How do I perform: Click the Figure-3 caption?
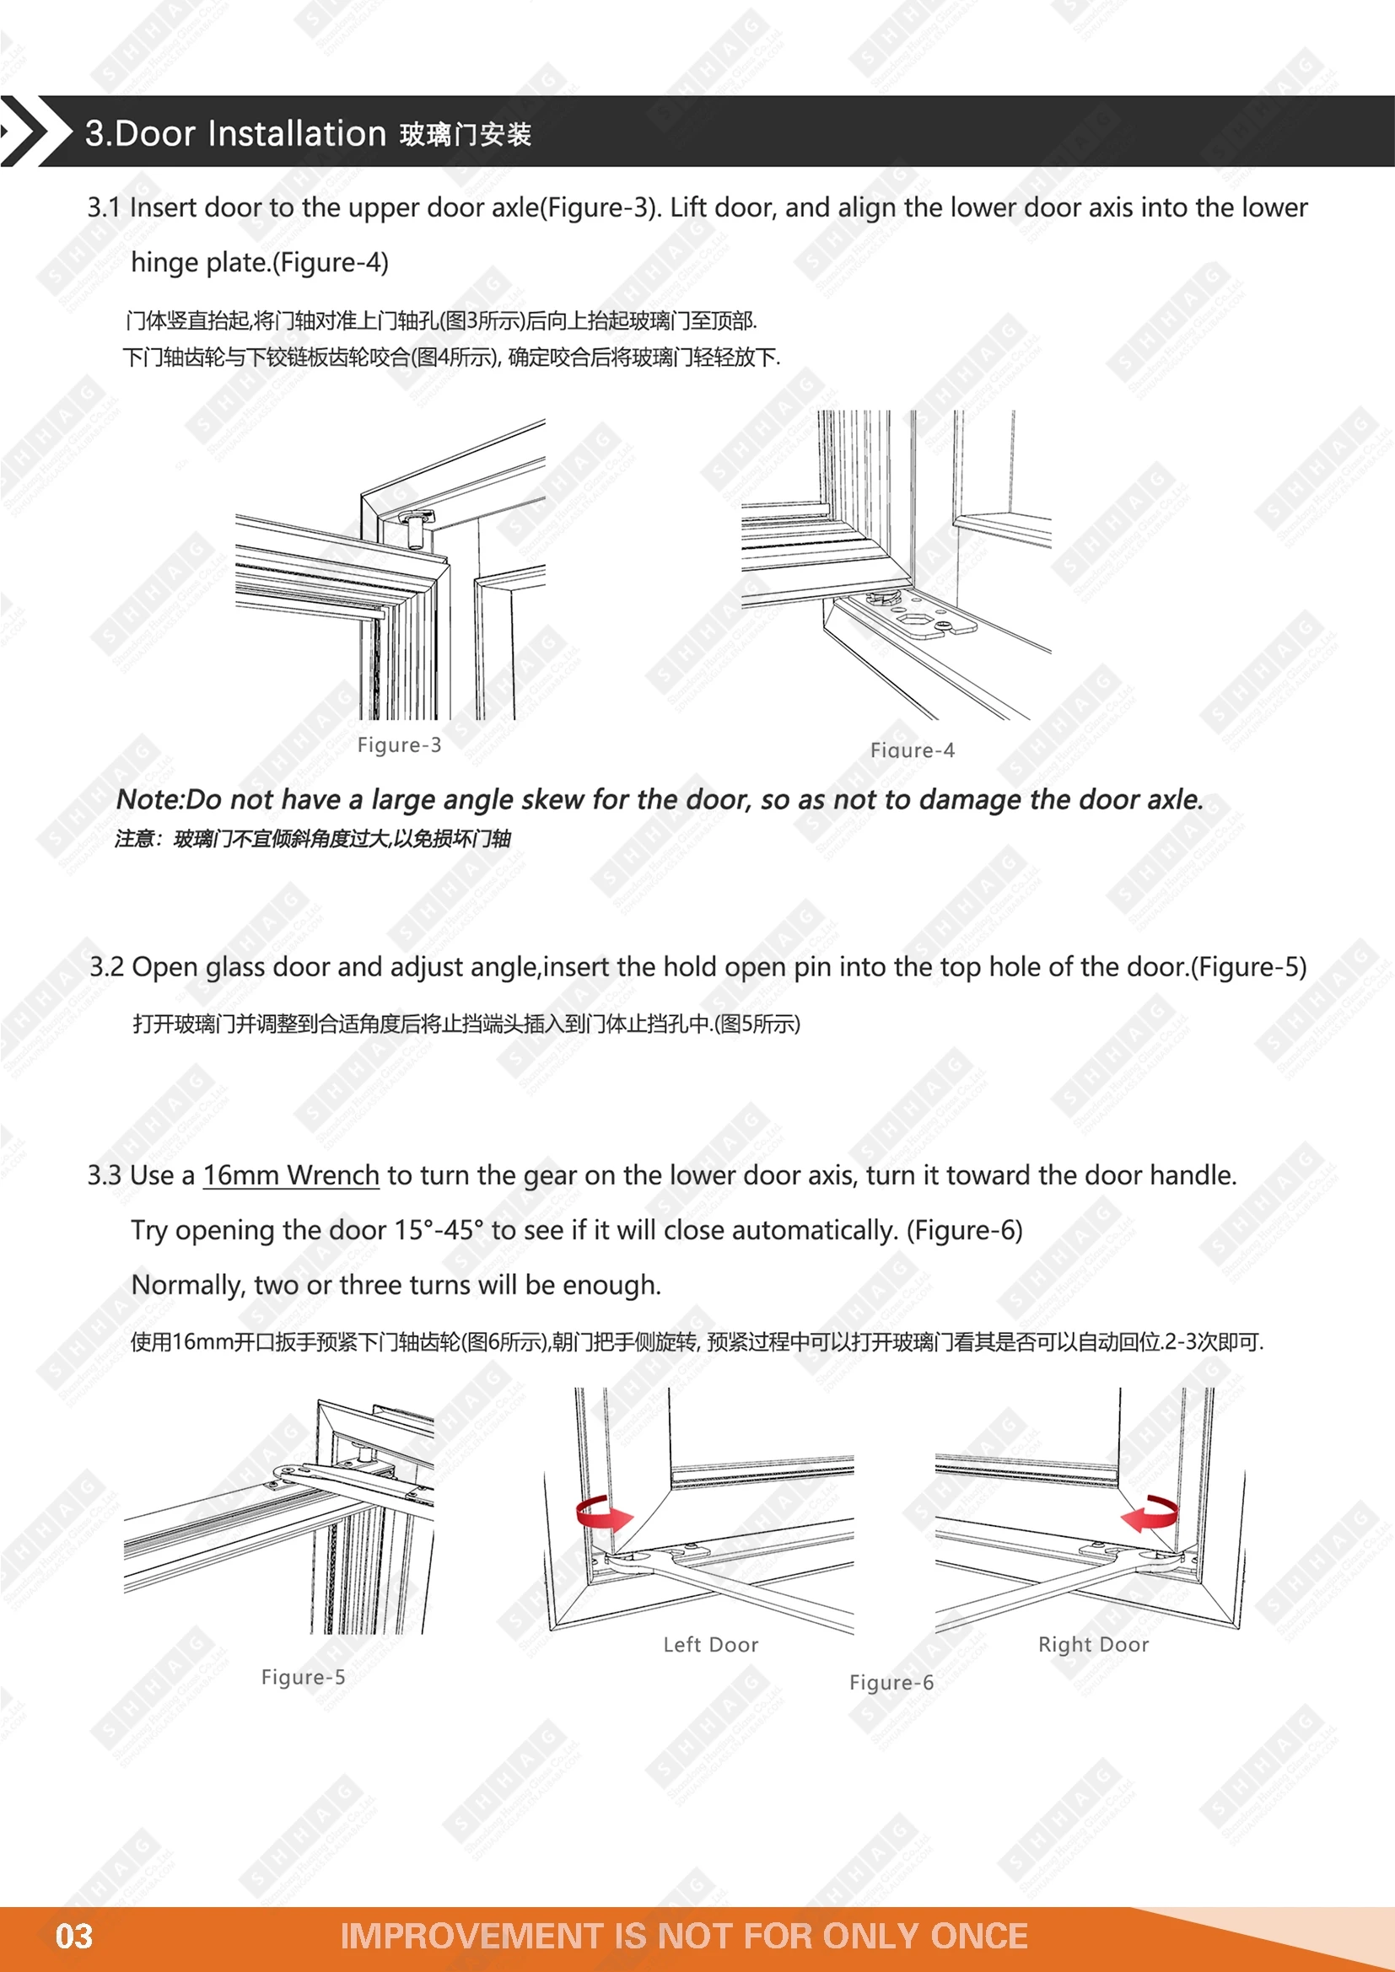coord(399,744)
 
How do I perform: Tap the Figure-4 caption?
coord(912,750)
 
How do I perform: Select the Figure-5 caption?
coord(303,1677)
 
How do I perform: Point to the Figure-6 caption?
coord(891,1682)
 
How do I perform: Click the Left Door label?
coord(710,1644)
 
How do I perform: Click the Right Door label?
coord(1092,1644)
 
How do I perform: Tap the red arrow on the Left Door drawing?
coord(602,1513)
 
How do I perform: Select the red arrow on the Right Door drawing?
coord(1151,1513)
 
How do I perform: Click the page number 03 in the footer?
coord(74,1936)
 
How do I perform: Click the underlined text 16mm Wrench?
coord(290,1175)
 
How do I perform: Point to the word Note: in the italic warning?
coord(150,799)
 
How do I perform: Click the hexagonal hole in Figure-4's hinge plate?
coord(910,615)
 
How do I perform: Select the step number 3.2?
coord(106,967)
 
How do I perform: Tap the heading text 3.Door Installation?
coord(235,134)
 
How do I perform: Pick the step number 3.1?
coord(104,208)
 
